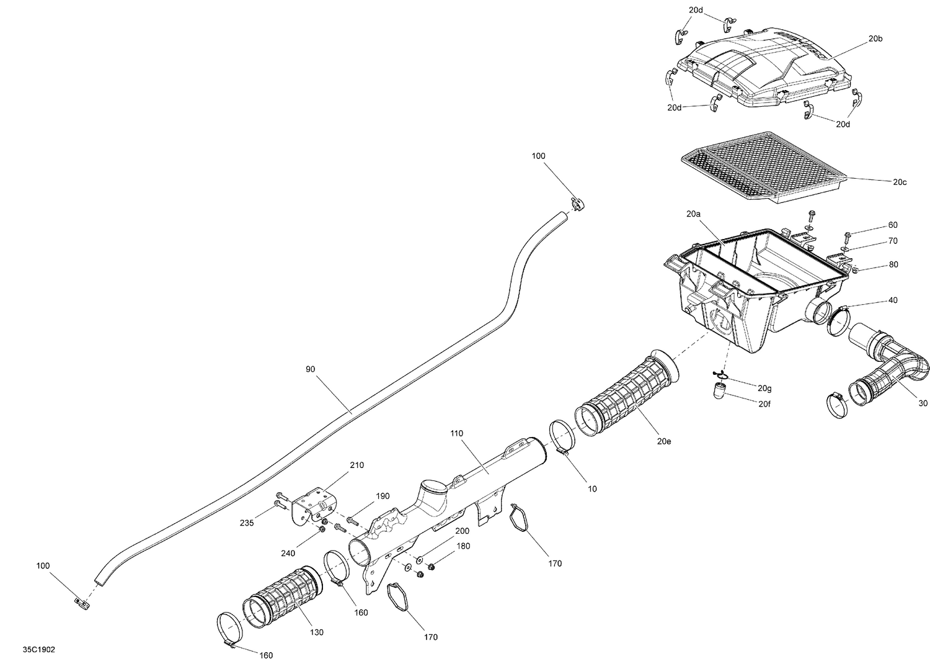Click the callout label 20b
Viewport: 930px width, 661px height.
875,38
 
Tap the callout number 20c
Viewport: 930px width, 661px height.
900,182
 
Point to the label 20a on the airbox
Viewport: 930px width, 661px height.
693,214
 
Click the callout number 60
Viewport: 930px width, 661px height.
893,225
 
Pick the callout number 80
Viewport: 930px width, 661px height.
893,264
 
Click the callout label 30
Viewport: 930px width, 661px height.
923,403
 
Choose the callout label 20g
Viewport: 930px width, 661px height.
764,388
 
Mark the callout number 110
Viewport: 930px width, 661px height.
457,433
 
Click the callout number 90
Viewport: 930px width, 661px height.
311,369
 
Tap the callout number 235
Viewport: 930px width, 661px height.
247,523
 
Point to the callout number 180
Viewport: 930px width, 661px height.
463,546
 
